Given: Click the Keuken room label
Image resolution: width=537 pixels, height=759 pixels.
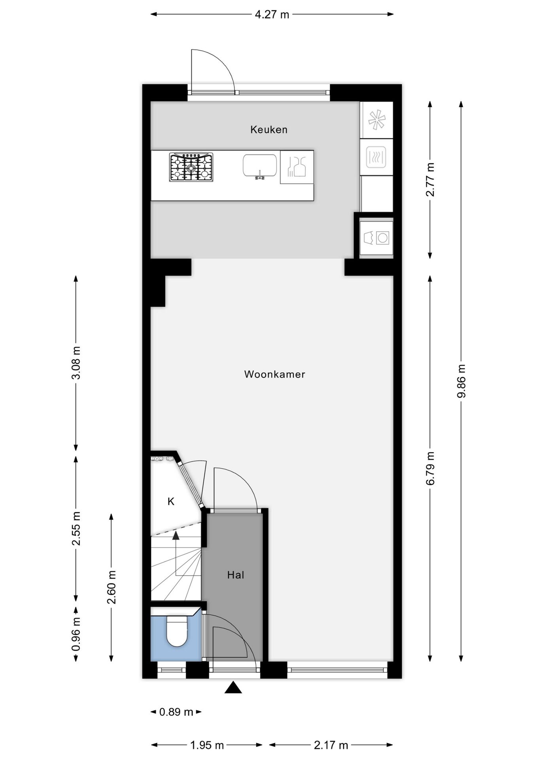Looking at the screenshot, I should coord(268,130).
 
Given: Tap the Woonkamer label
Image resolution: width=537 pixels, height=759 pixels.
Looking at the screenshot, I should coord(274,374).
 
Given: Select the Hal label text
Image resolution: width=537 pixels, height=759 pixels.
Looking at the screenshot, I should coord(235,575).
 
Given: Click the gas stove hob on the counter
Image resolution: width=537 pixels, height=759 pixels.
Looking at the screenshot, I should coord(191,167).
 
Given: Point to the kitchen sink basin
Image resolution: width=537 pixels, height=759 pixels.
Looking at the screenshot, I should coord(259,166).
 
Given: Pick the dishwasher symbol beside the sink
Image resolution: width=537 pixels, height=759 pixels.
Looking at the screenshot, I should coord(297,167).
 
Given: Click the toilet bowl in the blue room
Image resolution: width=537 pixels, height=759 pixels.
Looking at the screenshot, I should coord(176,631).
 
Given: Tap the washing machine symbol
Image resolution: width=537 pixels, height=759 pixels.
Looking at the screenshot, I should coord(376,238).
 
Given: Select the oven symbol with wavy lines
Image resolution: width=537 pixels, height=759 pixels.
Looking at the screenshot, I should coord(376,157).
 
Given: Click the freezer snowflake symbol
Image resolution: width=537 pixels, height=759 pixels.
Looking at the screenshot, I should coord(376,120).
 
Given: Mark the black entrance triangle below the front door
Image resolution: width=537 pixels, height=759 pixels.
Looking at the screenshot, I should coord(233,688).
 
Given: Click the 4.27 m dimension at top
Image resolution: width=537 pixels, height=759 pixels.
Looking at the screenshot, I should coord(272,15).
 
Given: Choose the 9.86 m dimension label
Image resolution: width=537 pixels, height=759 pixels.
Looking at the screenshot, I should coord(461,381).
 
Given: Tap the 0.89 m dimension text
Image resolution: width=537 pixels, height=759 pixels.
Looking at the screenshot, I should coord(176,712).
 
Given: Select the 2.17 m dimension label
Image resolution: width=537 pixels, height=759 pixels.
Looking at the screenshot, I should coord(331,745).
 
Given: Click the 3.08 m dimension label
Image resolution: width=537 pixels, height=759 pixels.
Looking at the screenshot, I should coord(76,363).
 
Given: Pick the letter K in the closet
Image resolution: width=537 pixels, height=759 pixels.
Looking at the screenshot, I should coord(171,502).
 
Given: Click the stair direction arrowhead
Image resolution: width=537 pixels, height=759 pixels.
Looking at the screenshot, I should coord(176,536).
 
